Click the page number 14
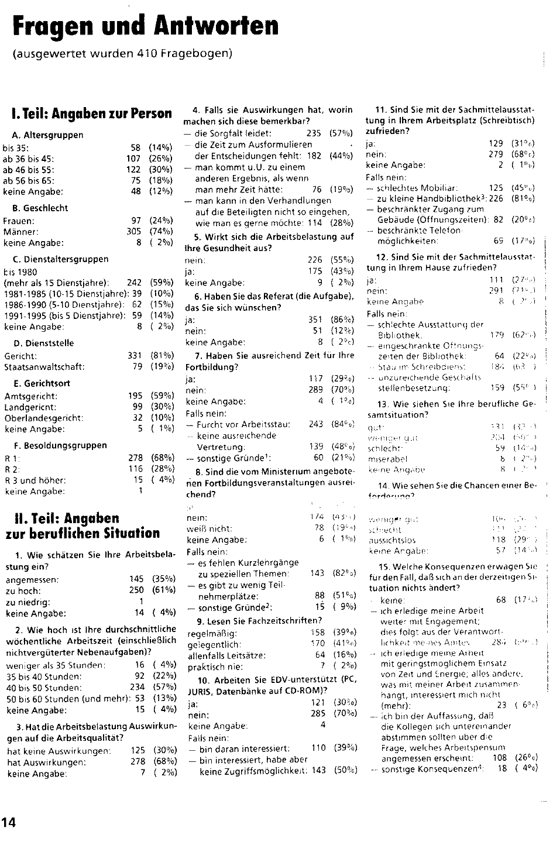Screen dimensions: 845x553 click(9, 822)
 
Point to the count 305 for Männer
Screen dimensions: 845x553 click(134, 232)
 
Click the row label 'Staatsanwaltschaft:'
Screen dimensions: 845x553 click(44, 367)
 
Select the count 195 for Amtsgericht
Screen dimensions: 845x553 click(135, 396)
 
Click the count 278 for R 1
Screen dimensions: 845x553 click(135, 458)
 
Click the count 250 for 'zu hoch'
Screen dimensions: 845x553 click(136, 590)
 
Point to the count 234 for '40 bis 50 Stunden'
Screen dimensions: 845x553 click(136, 688)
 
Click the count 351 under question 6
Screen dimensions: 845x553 click(315, 320)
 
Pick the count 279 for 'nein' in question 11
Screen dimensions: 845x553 click(495, 154)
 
